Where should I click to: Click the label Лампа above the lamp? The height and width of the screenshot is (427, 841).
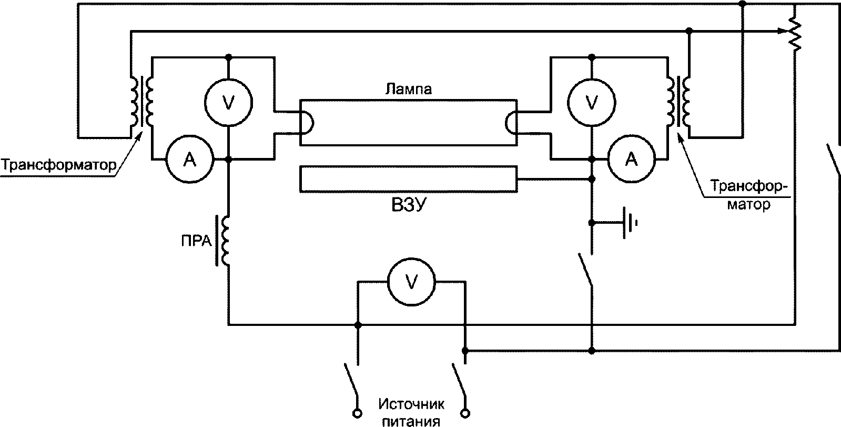pyautogui.click(x=409, y=89)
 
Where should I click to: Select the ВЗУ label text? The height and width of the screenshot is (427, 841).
pyautogui.click(x=409, y=205)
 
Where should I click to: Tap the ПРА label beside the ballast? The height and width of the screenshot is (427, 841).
pyautogui.click(x=196, y=241)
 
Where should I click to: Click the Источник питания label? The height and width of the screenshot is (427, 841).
pyautogui.click(x=411, y=412)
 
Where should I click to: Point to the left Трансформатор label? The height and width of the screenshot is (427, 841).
pyautogui.click(x=59, y=165)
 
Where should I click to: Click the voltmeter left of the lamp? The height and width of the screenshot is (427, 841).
pyautogui.click(x=228, y=102)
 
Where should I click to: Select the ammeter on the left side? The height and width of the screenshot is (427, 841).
pyautogui.click(x=189, y=160)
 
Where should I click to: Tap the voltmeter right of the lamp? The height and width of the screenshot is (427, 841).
pyautogui.click(x=591, y=102)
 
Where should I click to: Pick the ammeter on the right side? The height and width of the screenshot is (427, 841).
pyautogui.click(x=632, y=160)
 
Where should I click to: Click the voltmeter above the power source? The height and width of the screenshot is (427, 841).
pyautogui.click(x=411, y=282)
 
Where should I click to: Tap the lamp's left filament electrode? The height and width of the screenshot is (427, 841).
pyautogui.click(x=308, y=123)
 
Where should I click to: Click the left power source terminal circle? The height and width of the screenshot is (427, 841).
pyautogui.click(x=358, y=413)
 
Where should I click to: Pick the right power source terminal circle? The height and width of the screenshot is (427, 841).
pyautogui.click(x=465, y=413)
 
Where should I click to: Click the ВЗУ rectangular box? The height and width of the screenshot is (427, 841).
pyautogui.click(x=409, y=179)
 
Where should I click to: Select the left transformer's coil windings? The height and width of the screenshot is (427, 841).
pyautogui.click(x=141, y=102)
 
